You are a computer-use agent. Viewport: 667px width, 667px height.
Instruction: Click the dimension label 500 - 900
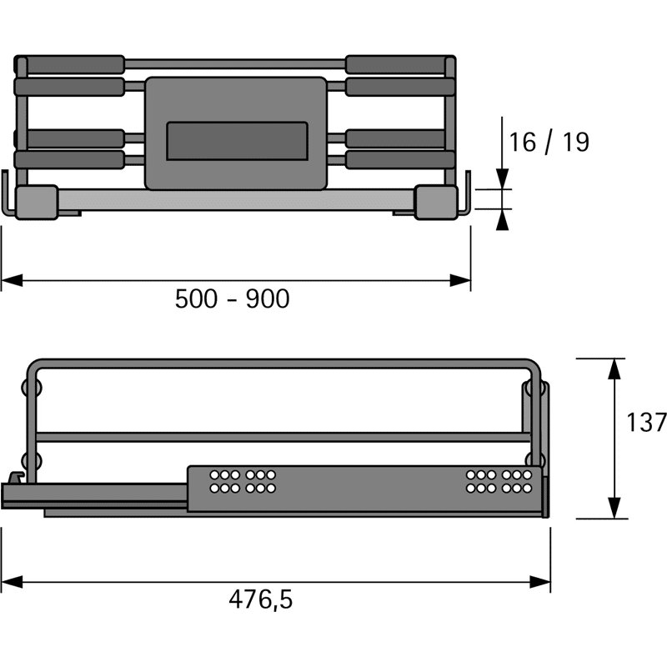(233, 298)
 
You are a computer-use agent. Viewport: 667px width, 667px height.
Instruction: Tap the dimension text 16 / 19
(549, 142)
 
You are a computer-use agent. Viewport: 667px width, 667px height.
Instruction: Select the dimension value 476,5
(261, 599)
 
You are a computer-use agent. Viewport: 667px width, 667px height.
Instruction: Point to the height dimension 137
(646, 423)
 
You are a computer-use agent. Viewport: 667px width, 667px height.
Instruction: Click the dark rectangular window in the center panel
(238, 141)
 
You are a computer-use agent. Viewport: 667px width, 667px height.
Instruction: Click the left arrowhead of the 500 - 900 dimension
(12, 281)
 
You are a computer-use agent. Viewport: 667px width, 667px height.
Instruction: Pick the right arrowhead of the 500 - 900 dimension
(460, 281)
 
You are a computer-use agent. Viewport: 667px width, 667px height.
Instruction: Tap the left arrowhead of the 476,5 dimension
(12, 582)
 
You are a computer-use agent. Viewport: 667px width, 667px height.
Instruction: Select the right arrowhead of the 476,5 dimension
(540, 582)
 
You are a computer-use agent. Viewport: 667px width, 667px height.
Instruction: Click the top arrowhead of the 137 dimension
(614, 369)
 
